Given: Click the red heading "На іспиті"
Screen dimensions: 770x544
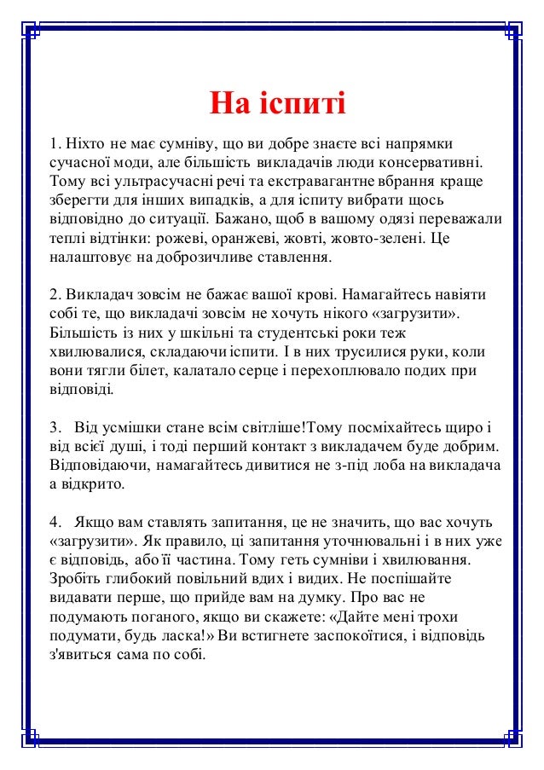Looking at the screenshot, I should click(278, 107).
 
